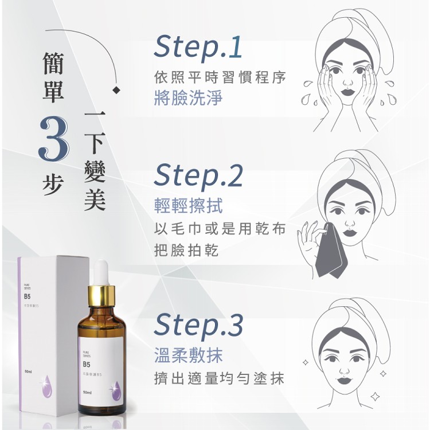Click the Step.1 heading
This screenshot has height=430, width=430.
(x=198, y=48)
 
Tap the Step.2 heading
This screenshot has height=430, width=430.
(x=198, y=176)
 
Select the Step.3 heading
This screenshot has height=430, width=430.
(x=198, y=325)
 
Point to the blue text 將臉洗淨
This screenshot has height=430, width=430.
(x=189, y=99)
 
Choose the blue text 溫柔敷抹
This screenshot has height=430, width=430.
(x=189, y=355)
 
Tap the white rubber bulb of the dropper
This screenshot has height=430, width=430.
(x=102, y=271)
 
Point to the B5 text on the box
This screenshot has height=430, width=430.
(x=28, y=296)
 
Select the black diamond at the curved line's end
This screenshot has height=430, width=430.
(x=117, y=90)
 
